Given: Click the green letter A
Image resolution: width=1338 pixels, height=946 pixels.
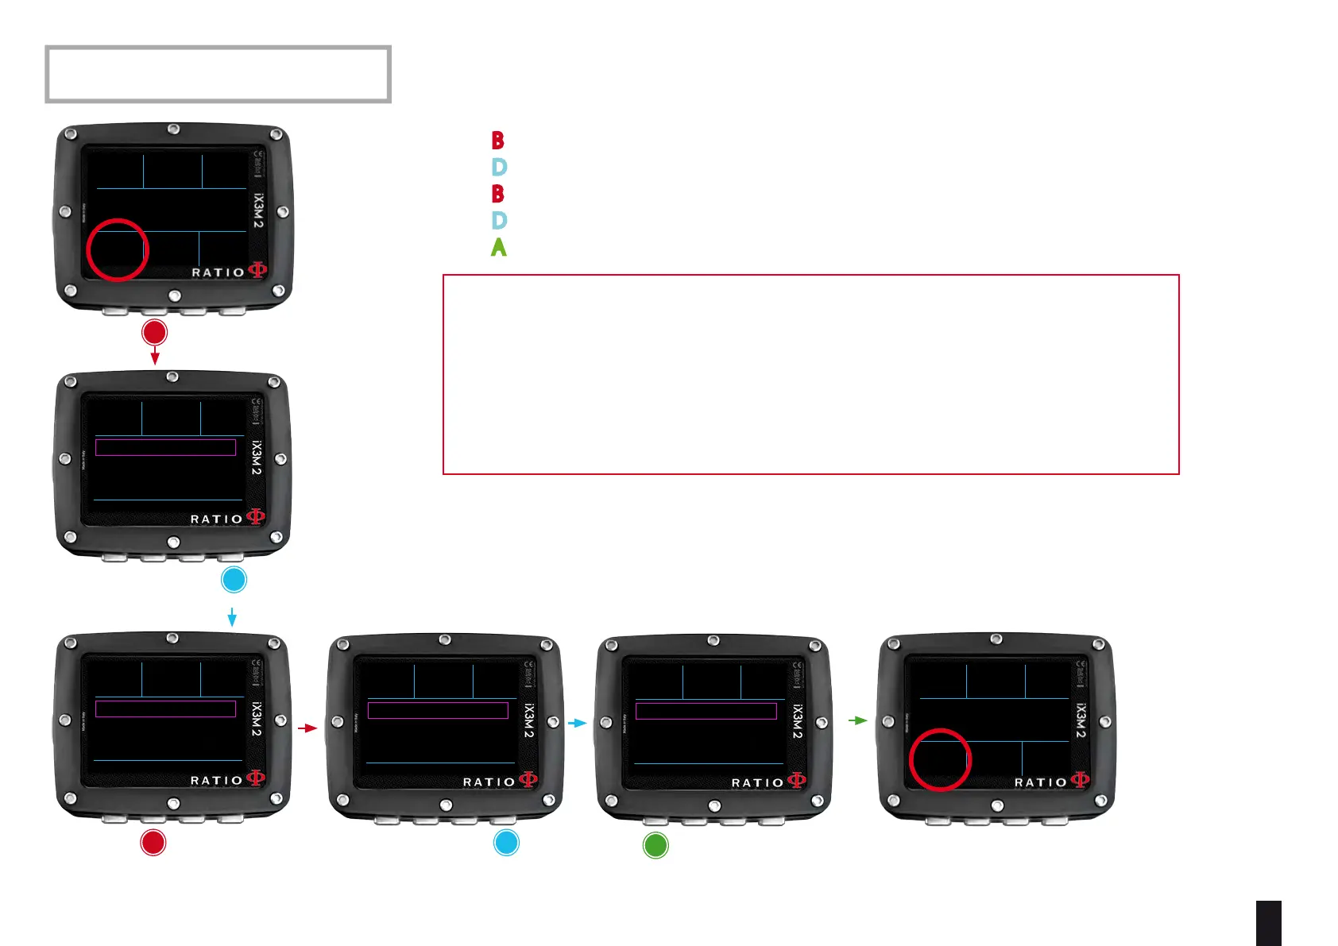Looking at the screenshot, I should (x=498, y=248).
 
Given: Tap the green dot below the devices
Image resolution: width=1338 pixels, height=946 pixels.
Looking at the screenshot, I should (x=655, y=845).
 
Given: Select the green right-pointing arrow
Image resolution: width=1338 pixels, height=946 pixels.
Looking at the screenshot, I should (x=858, y=720).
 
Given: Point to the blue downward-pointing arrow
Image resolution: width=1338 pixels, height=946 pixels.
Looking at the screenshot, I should (x=232, y=617).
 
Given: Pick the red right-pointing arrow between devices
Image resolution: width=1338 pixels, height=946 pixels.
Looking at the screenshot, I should (x=307, y=728).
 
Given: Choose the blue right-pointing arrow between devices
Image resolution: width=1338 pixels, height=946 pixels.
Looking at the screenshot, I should (x=578, y=723).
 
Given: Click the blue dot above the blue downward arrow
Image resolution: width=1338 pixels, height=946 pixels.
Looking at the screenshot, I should (x=234, y=580).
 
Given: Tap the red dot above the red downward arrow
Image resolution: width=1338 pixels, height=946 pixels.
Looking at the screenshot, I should (x=154, y=332).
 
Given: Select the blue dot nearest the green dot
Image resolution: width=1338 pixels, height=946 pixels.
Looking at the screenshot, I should (x=506, y=843).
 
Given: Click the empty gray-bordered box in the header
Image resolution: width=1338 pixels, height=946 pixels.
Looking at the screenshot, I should (x=218, y=75).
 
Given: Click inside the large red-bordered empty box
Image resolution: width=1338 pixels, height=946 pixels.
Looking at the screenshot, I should (x=810, y=374).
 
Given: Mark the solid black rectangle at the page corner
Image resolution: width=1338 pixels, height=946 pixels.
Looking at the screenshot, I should (x=1269, y=923).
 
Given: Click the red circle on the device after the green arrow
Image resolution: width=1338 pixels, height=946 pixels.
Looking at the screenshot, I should (x=940, y=759).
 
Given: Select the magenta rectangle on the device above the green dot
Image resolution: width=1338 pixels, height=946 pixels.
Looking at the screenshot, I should (x=706, y=711).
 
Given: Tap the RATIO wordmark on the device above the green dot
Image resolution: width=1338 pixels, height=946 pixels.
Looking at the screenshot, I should (x=757, y=783).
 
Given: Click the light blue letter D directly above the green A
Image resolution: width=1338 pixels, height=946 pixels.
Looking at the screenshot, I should (x=499, y=221).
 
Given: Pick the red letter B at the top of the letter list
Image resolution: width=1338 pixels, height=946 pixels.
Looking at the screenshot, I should (x=498, y=141).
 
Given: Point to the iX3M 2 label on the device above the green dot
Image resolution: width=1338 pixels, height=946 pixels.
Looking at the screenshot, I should (x=797, y=722).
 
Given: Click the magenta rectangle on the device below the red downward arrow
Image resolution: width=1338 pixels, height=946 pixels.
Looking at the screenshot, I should (x=165, y=447).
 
